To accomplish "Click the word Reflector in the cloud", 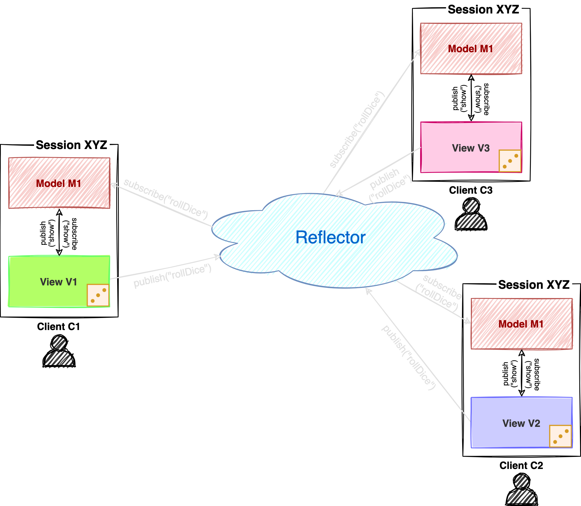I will (330, 237).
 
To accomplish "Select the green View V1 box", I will (48, 281).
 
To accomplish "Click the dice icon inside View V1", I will (98, 295).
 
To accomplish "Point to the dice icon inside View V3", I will (510, 161).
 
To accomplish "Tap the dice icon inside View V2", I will (561, 436).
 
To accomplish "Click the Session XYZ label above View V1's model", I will (72, 145).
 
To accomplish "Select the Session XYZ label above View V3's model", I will (483, 9).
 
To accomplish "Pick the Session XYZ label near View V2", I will (534, 284).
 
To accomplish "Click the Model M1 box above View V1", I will (59, 183).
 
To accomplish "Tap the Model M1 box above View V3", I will (471, 49).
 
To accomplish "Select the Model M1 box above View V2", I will (522, 324).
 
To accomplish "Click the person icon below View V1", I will (59, 352).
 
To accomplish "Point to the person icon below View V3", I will (471, 216).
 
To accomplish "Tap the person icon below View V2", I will (522, 490).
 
